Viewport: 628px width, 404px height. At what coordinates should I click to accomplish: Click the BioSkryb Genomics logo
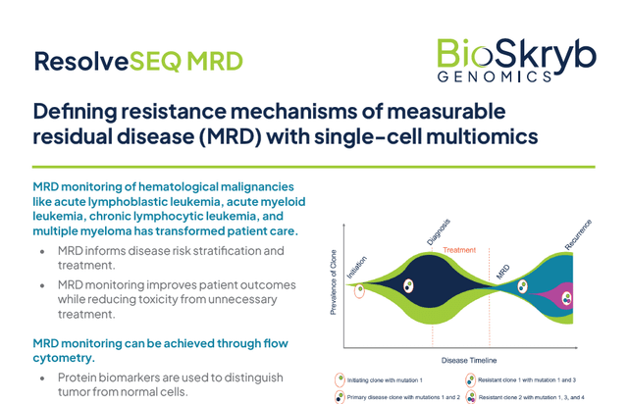pos(516,61)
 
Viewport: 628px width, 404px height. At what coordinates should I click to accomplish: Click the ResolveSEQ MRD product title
pos(138,61)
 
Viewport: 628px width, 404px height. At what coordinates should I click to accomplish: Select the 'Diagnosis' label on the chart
pos(439,231)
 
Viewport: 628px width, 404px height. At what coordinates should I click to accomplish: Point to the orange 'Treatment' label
pos(459,250)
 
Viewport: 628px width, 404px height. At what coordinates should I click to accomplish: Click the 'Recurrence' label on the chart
pos(578,234)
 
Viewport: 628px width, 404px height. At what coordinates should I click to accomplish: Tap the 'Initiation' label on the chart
pos(356,267)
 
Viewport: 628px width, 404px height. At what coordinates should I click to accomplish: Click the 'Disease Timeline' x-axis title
pos(469,360)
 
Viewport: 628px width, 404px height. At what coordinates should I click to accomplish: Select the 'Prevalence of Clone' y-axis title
pos(334,282)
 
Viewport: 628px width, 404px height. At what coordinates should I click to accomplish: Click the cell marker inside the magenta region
pos(567,298)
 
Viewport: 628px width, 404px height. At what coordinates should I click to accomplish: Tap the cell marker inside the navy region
pos(408,286)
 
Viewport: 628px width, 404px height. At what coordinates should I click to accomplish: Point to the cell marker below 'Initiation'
pos(360,290)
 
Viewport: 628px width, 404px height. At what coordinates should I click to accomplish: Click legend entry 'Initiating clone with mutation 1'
pos(379,380)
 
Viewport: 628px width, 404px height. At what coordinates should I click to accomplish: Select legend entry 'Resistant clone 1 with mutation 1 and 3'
pos(521,380)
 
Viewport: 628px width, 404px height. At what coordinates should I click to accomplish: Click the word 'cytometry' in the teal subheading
pos(62,358)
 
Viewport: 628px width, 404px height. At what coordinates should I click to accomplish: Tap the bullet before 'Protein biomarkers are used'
pos(42,378)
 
